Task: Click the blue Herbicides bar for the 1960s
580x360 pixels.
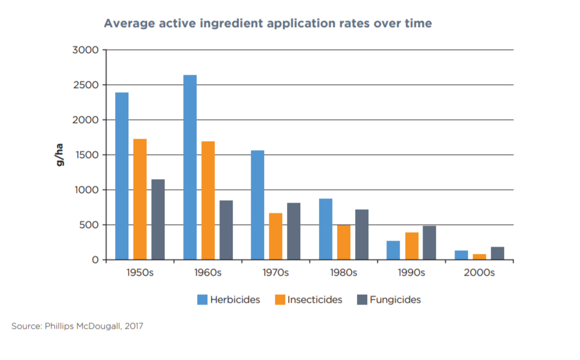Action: pos(190,168)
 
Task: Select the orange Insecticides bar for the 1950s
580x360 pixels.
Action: pos(140,200)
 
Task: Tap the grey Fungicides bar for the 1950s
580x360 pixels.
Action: pos(158,219)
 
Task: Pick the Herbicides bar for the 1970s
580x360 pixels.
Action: pos(257,205)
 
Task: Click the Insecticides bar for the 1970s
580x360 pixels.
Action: pos(276,236)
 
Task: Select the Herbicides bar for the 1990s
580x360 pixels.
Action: pos(393,250)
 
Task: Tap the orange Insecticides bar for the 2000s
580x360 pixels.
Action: pos(479,257)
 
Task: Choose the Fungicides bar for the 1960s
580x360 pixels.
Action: pos(226,230)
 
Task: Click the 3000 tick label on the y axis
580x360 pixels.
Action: pos(85,50)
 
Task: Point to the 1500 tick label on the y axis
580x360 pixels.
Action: pos(85,155)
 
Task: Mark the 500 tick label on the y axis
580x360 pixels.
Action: pos(87,225)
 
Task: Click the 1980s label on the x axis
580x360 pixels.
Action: pos(344,273)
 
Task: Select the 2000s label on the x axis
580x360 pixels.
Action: pos(479,273)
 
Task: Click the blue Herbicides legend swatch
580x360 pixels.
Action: pos(202,300)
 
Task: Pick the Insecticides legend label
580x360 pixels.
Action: pos(315,300)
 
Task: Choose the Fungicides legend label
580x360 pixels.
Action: pos(396,300)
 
